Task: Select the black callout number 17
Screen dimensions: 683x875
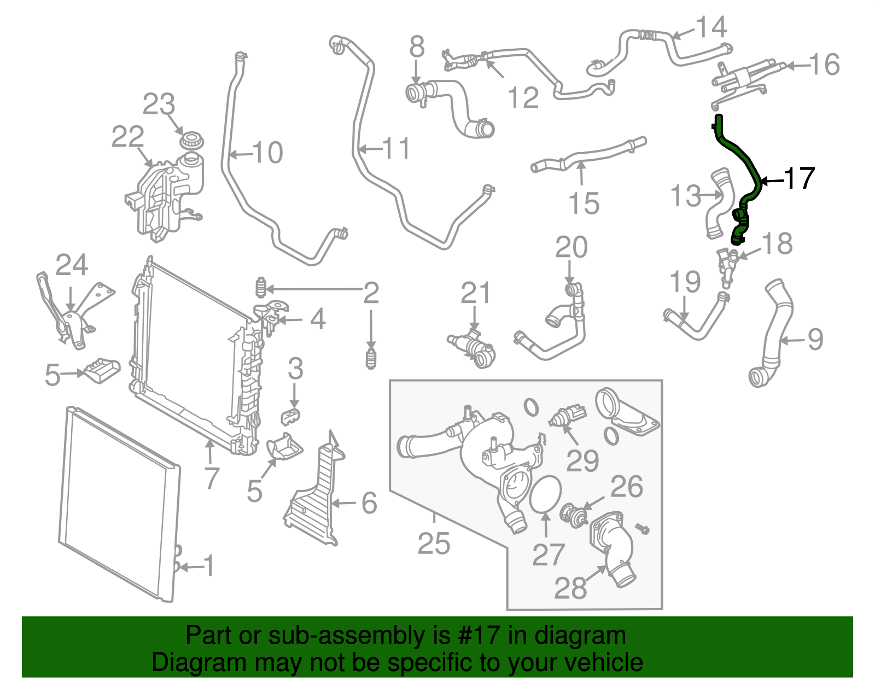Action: (x=800, y=179)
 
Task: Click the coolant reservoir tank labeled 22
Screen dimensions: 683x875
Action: (x=167, y=197)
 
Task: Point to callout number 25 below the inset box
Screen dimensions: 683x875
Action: (x=434, y=544)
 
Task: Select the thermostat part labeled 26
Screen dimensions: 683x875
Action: (x=573, y=513)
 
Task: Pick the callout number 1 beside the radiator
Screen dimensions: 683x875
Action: (x=209, y=567)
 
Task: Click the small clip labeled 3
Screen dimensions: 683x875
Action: (x=291, y=416)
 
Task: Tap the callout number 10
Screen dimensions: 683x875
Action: (x=267, y=153)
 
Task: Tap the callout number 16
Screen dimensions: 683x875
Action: (x=824, y=65)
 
